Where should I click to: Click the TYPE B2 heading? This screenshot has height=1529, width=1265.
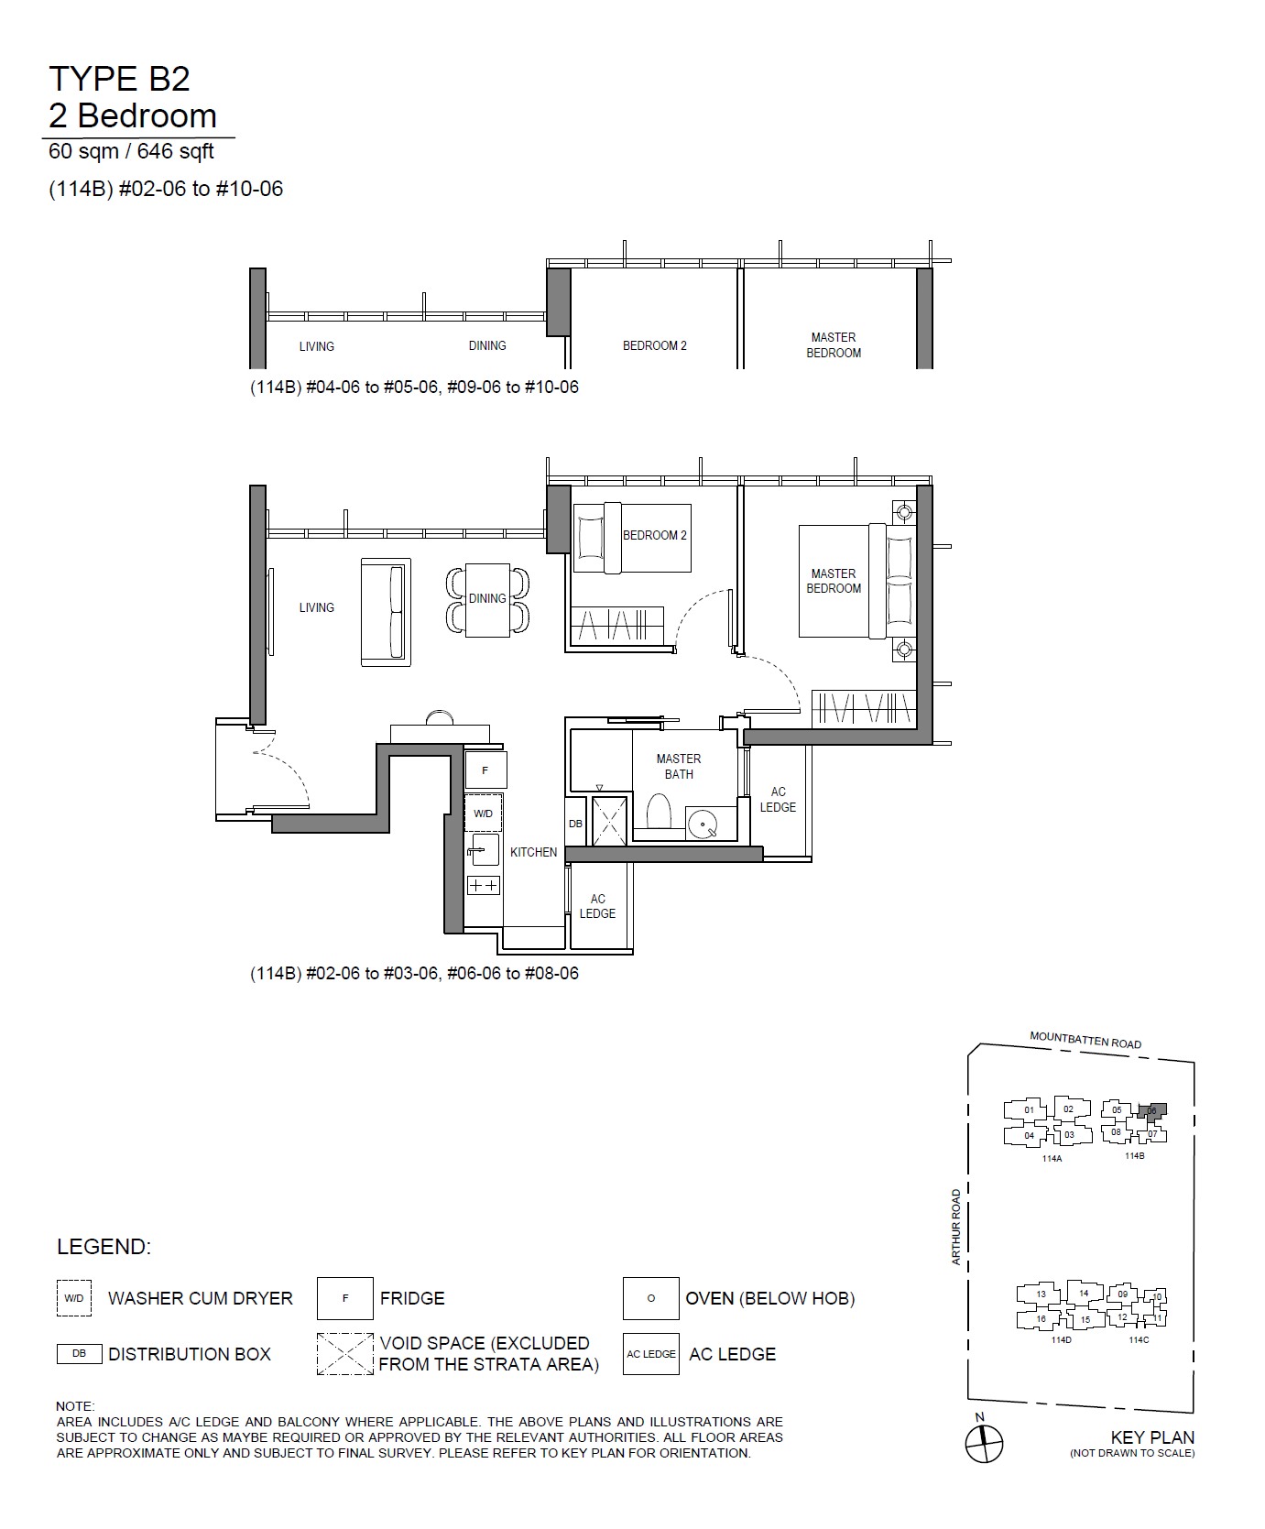[119, 79]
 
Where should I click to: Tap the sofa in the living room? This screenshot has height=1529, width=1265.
[386, 612]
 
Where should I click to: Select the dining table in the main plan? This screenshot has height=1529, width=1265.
[487, 600]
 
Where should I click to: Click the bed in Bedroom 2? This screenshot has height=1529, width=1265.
[632, 538]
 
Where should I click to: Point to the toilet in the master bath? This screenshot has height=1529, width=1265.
[659, 812]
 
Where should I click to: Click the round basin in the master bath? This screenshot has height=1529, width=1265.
[703, 824]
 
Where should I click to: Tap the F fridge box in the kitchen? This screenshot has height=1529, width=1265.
[485, 770]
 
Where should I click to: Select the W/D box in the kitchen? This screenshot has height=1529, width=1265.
[483, 814]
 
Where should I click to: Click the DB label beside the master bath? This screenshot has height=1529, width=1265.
[575, 824]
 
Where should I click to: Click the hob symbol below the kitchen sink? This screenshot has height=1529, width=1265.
[483, 885]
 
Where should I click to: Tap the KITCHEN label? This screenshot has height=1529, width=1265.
[533, 852]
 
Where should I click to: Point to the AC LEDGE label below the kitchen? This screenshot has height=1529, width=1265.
[597, 906]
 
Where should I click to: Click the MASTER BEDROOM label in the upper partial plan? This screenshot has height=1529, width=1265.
[834, 345]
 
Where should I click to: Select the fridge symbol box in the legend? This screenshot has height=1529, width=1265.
[345, 1298]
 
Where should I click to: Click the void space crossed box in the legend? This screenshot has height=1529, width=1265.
[345, 1354]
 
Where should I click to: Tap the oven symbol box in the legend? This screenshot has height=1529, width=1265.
[651, 1298]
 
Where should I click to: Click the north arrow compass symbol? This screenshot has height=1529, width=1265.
[984, 1443]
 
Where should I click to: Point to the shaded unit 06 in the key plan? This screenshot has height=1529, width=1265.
[1154, 1112]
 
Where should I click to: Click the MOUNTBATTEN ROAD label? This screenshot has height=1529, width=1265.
[1085, 1040]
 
